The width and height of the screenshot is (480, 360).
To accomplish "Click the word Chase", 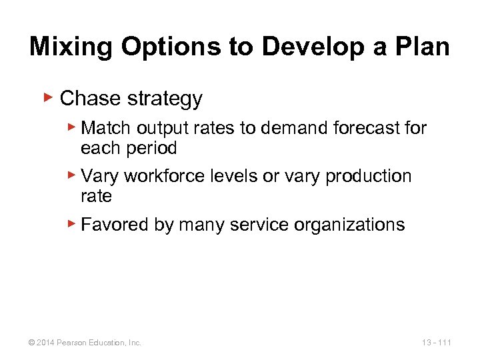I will [x=90, y=99].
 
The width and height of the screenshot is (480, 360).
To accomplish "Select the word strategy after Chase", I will [x=165, y=99].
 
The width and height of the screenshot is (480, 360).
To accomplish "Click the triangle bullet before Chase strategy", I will [x=47, y=98].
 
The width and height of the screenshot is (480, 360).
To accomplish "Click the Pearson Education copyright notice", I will [x=85, y=343].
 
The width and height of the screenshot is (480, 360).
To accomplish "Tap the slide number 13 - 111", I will [x=436, y=343].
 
